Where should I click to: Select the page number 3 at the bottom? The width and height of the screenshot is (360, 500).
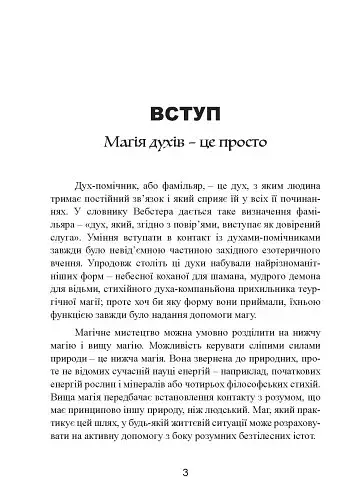(x=181, y=473)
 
